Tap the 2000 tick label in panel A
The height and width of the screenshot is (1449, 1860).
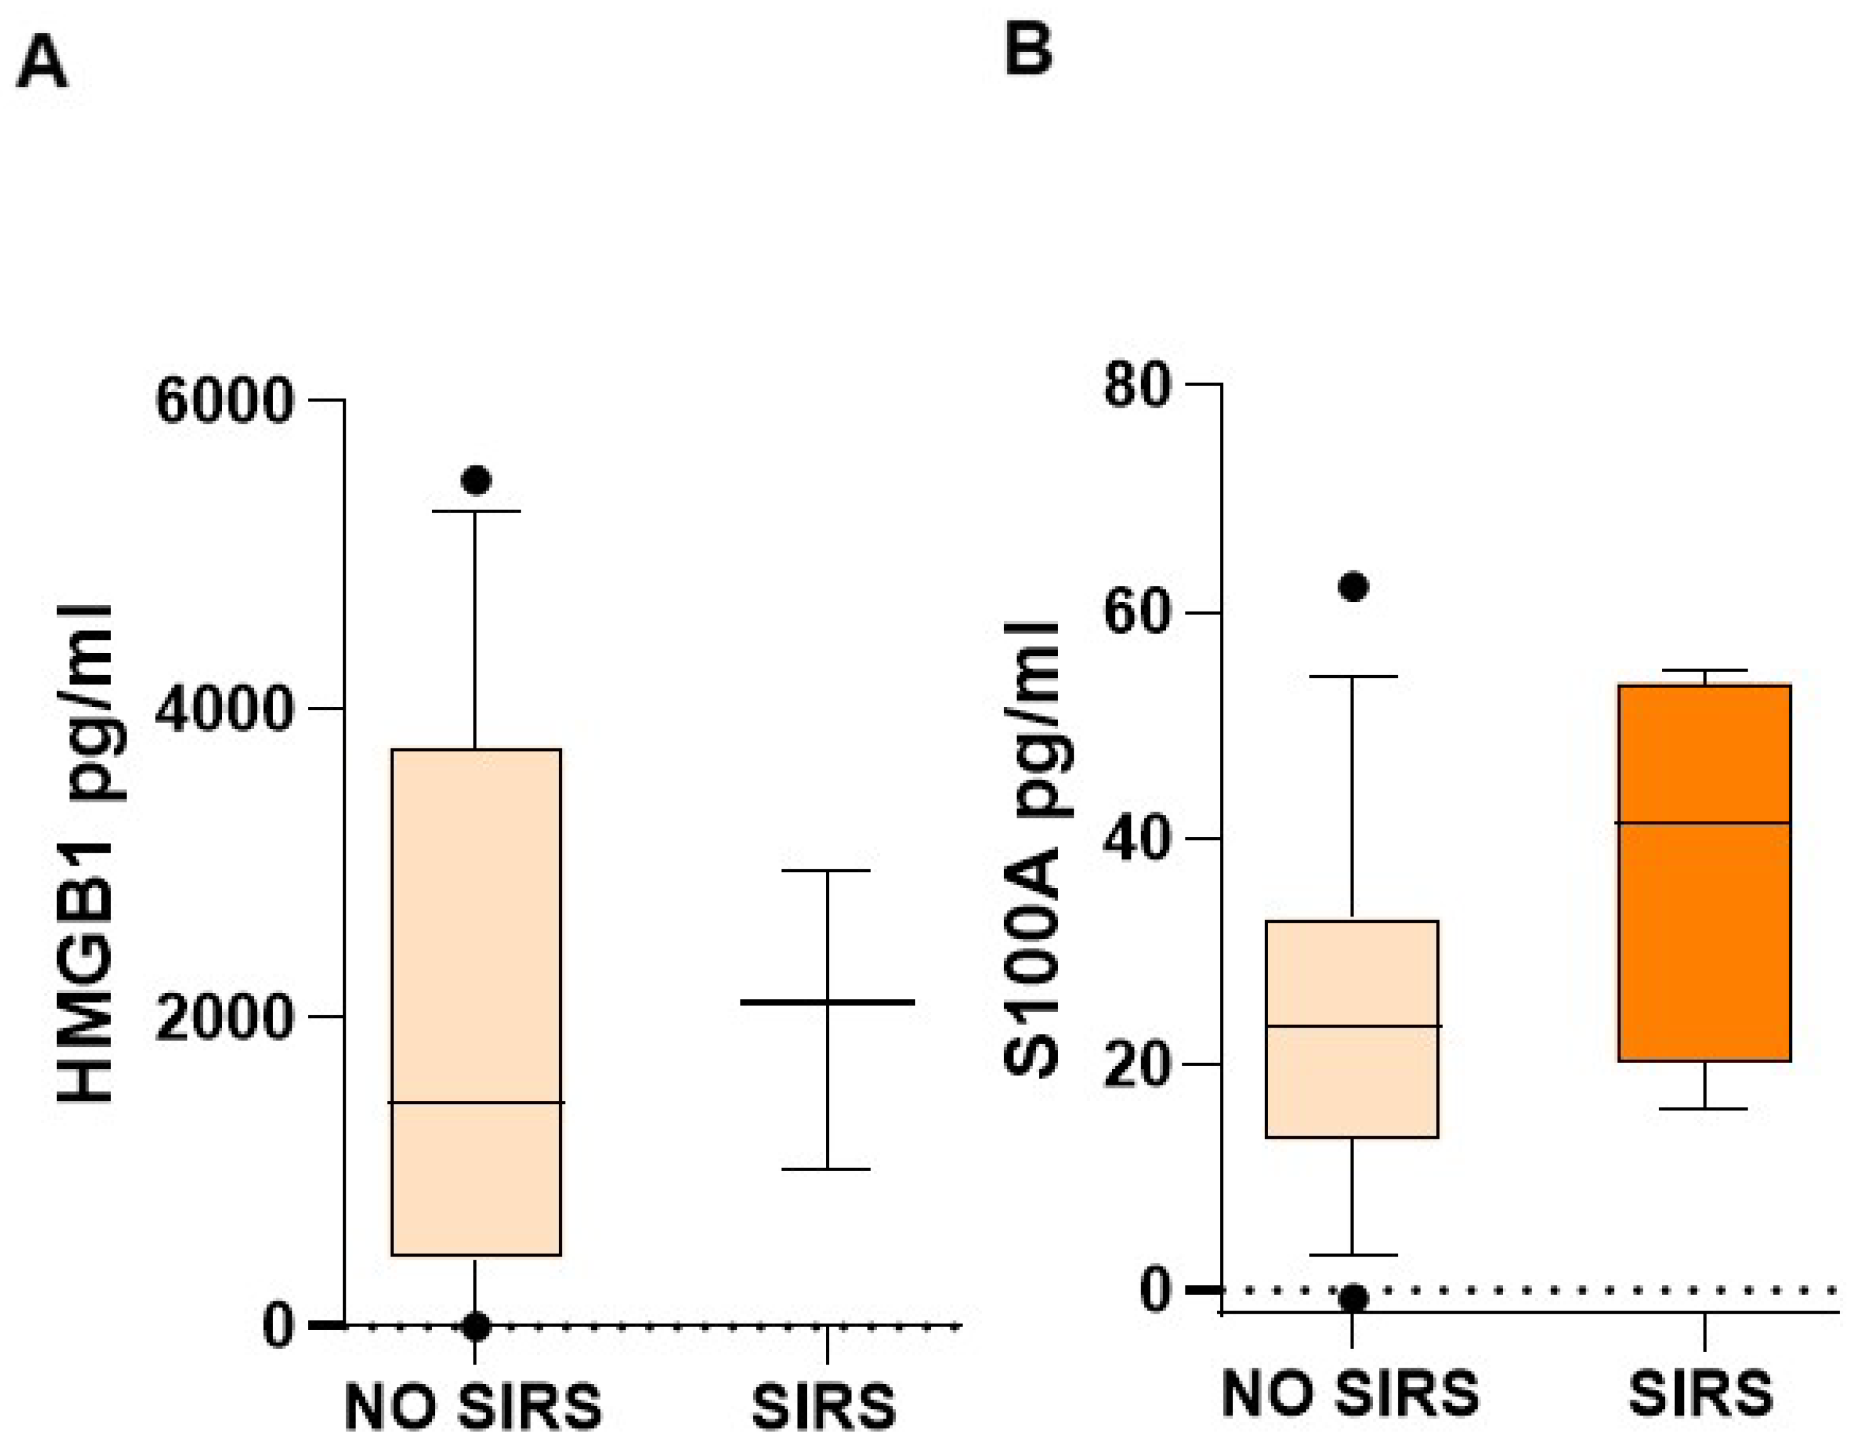point(225,1016)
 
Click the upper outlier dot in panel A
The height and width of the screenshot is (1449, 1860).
point(476,480)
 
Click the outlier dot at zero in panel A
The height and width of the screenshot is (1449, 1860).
point(476,1326)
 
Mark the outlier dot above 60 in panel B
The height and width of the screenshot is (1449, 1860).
point(1354,586)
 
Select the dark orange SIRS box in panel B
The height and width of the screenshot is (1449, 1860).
point(1704,936)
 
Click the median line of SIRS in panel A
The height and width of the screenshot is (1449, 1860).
point(827,1002)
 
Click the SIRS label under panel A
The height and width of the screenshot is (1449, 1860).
point(824,1406)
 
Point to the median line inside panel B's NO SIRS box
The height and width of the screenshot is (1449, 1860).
point(1352,1026)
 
